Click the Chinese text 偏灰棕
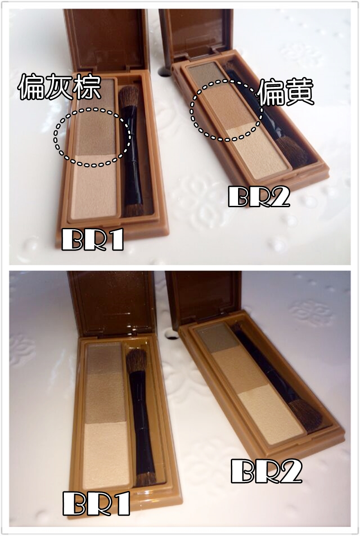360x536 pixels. click(x=59, y=88)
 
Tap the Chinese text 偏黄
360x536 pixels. click(x=285, y=94)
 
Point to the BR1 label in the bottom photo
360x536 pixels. click(x=96, y=503)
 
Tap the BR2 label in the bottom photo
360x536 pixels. click(x=265, y=471)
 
